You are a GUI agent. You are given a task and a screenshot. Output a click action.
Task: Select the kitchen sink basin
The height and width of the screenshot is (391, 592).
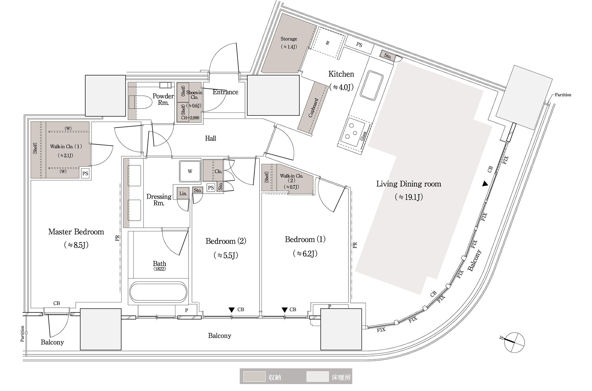tap(372, 85)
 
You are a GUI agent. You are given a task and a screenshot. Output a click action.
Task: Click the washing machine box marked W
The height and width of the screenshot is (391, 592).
tap(190, 171)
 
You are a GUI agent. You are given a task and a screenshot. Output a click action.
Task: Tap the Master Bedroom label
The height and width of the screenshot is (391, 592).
tap(76, 232)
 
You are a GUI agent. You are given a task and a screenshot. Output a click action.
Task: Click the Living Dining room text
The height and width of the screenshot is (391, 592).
tap(408, 184)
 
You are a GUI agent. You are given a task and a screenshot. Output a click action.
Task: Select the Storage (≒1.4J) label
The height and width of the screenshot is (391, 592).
tap(288, 39)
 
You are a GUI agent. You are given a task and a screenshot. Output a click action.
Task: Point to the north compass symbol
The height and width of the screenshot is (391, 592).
tap(513, 342)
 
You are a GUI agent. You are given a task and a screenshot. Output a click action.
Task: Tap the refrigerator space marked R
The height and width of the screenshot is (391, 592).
tap(327, 43)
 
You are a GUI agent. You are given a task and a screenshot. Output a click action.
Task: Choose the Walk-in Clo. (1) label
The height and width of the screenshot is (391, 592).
tap(66, 147)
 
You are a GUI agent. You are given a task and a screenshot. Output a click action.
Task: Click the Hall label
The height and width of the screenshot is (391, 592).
tap(210, 138)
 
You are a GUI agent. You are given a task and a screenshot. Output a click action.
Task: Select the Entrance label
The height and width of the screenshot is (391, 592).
tap(225, 92)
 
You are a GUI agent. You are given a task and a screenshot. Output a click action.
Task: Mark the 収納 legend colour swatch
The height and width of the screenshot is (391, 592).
tap(254, 377)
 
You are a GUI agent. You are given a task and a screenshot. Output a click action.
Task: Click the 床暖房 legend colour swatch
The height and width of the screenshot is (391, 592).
tap(317, 377)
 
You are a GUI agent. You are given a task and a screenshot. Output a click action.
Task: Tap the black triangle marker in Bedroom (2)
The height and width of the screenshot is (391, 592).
tap(232, 310)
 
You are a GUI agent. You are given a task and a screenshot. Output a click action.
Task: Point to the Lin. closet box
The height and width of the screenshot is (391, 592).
tap(183, 193)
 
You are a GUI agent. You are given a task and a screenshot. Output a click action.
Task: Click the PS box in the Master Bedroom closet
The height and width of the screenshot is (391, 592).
tap(85, 173)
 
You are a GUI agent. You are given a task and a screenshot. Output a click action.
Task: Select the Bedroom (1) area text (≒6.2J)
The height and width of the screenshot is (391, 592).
tap(305, 254)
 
